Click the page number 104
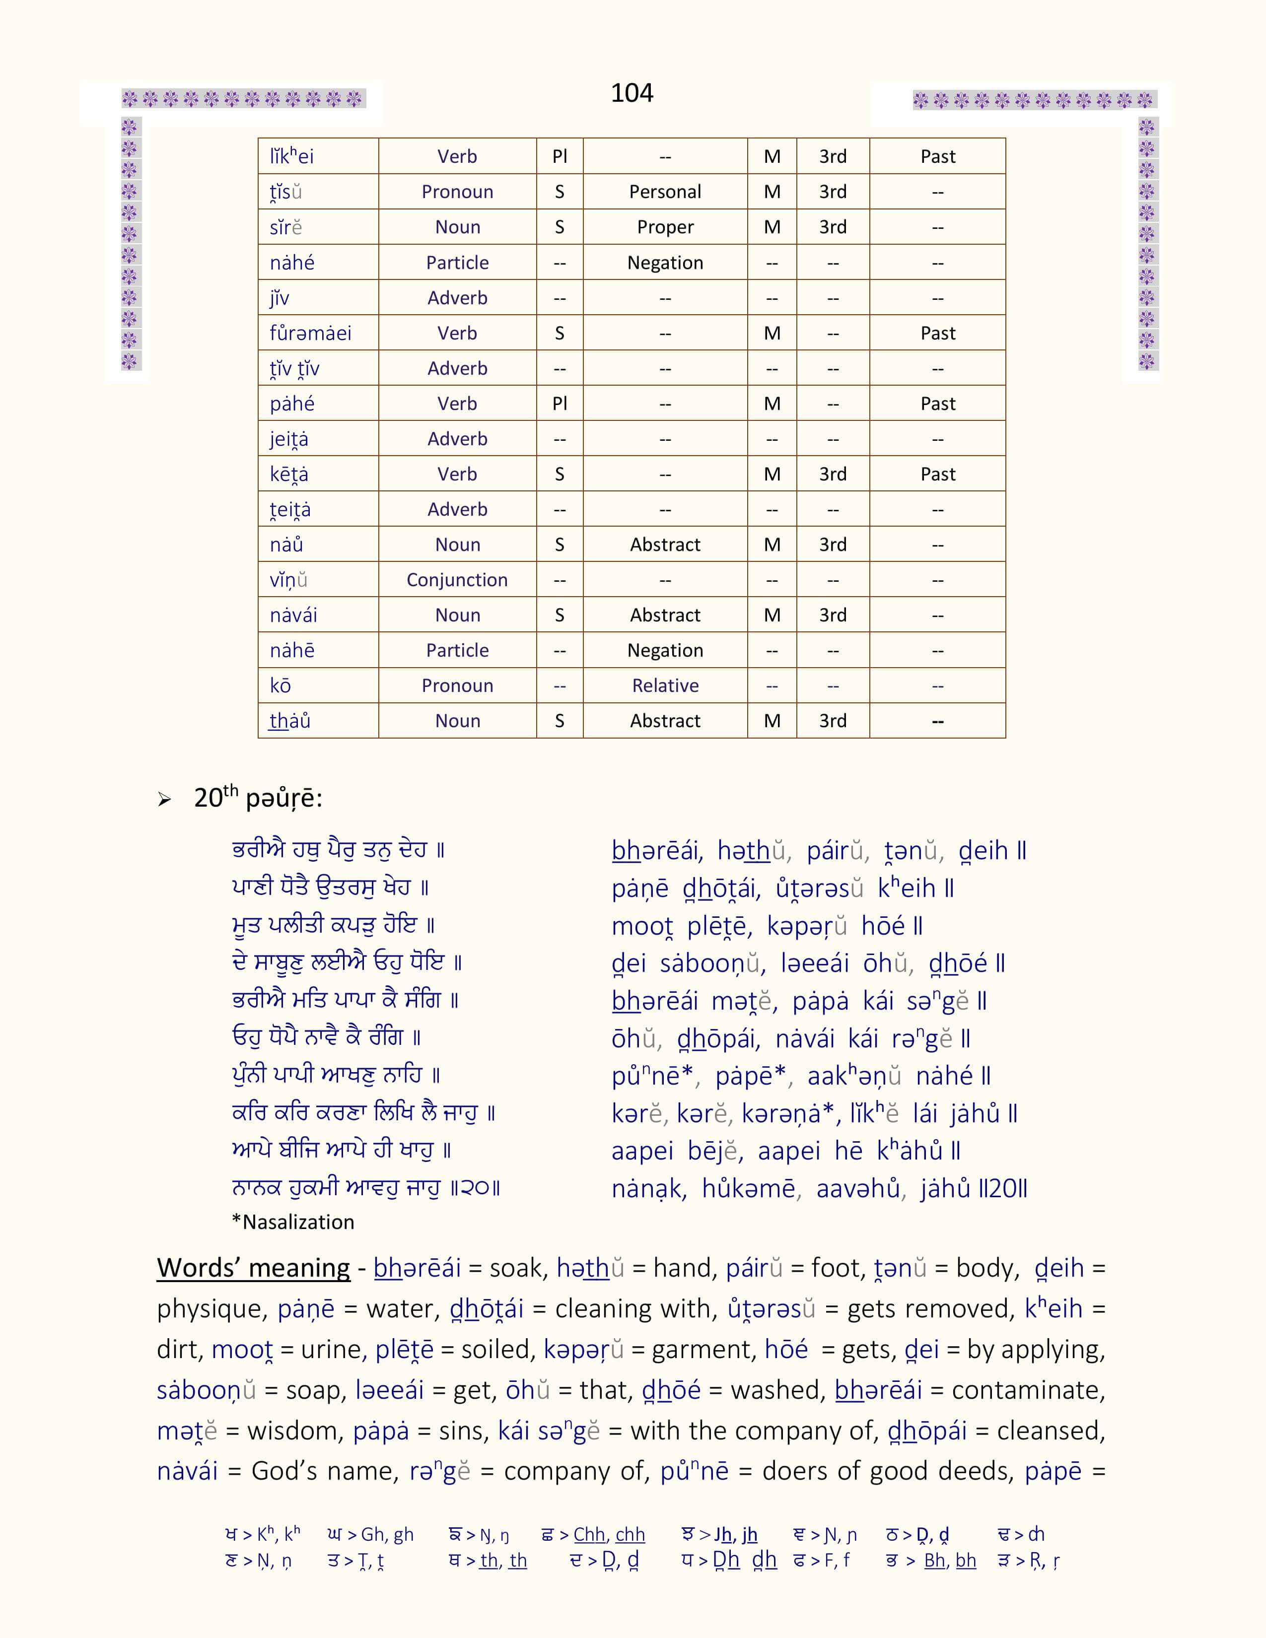[632, 93]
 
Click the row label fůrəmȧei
[310, 333]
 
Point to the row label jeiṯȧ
[289, 439]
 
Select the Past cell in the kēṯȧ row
[937, 474]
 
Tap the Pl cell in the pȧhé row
[560, 404]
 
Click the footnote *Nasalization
[292, 1223]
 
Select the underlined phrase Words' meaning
[254, 1268]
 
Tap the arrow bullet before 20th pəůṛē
[164, 800]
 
